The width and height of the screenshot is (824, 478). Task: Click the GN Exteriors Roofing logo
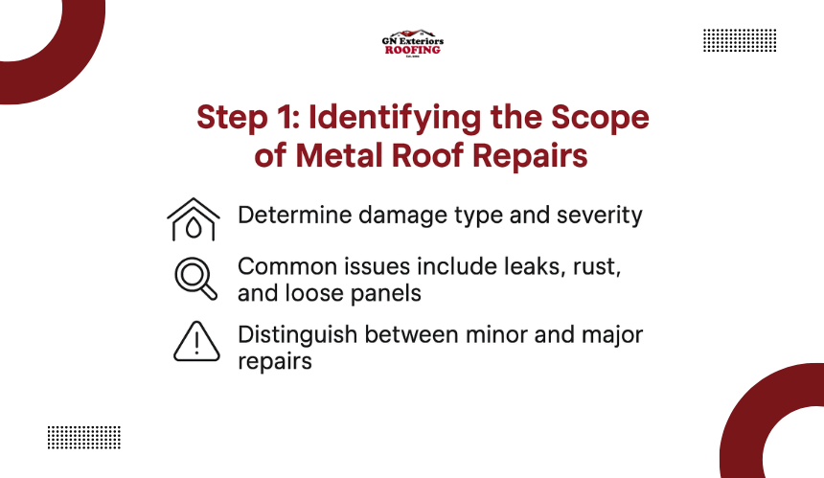[413, 43]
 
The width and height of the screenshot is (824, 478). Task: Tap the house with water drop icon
[194, 219]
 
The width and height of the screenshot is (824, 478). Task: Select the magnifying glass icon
[196, 279]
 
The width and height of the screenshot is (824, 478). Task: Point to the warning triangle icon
[196, 341]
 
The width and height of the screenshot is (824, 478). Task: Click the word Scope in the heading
[600, 118]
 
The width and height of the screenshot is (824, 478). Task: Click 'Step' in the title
[232, 118]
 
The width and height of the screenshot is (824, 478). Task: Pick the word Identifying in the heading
[394, 118]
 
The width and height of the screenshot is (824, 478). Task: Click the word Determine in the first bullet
[294, 215]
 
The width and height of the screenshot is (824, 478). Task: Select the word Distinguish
[297, 335]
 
